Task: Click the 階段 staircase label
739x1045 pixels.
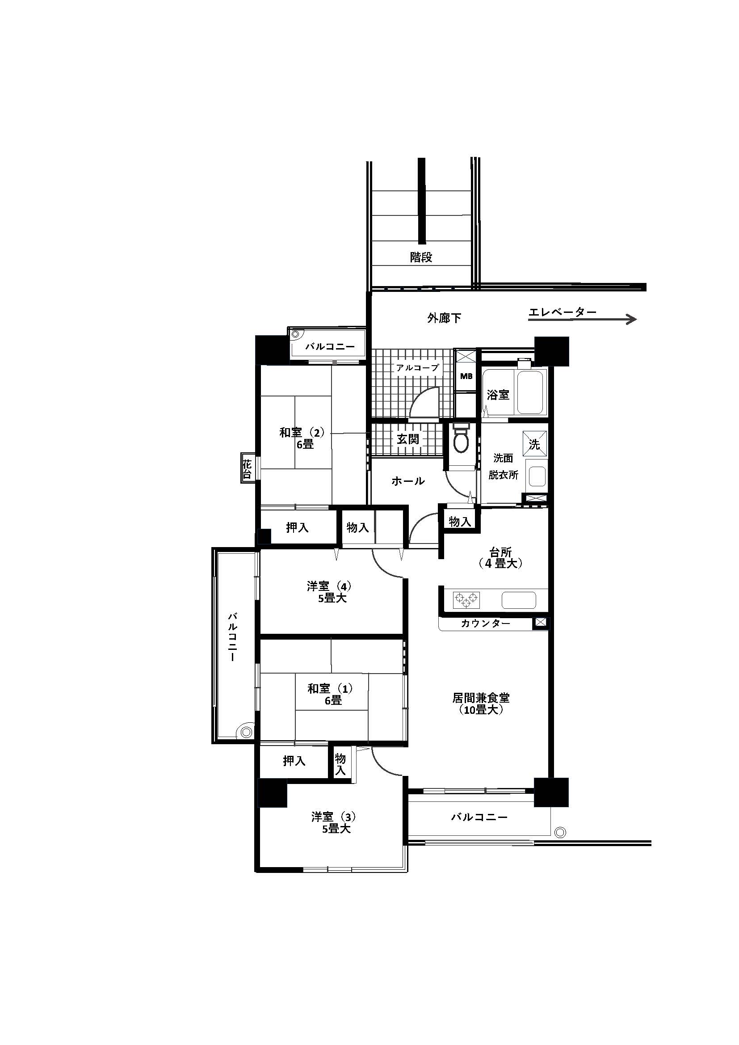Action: click(421, 257)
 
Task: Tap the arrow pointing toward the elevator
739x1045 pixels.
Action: click(582, 320)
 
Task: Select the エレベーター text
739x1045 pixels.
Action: click(563, 312)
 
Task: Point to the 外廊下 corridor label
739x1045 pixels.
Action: click(444, 318)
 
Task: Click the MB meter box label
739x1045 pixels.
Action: click(466, 376)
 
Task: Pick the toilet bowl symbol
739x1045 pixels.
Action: click(462, 438)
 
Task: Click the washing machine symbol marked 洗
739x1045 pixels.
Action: click(534, 443)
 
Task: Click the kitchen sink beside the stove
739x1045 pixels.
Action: click(519, 600)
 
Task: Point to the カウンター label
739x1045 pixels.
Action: click(485, 623)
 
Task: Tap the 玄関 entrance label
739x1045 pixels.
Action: click(408, 439)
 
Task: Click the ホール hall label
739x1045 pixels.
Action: click(408, 481)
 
